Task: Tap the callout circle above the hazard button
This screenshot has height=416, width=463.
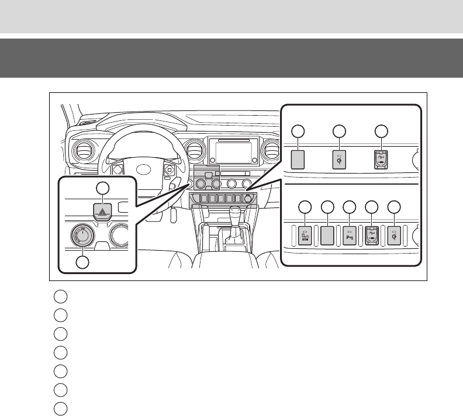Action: [102, 188]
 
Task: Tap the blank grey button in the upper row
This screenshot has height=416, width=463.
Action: [298, 160]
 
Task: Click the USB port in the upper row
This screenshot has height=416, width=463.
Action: [381, 160]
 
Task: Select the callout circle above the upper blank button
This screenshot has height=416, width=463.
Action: [298, 131]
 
